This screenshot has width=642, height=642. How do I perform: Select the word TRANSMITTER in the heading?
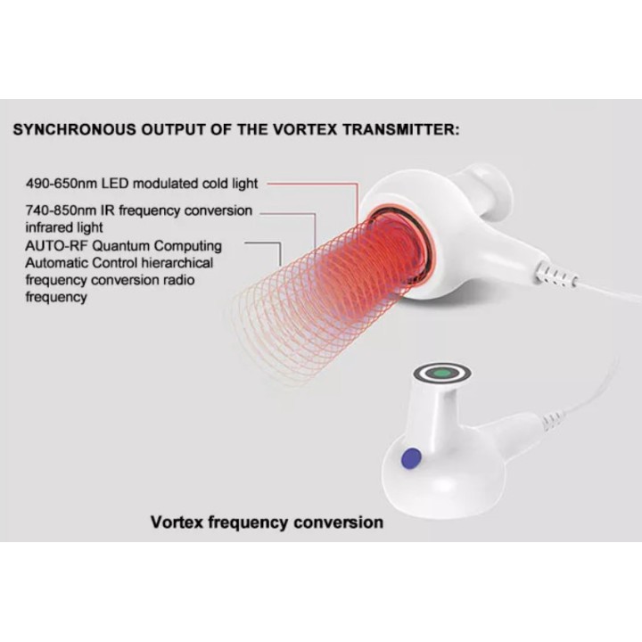(401, 129)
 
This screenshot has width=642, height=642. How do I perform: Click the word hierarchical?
(177, 263)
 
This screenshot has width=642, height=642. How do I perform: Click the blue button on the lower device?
(411, 458)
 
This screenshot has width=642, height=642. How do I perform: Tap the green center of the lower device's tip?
(441, 373)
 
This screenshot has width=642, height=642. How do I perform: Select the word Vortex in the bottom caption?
(177, 523)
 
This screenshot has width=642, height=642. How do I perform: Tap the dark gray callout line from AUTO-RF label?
(280, 245)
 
